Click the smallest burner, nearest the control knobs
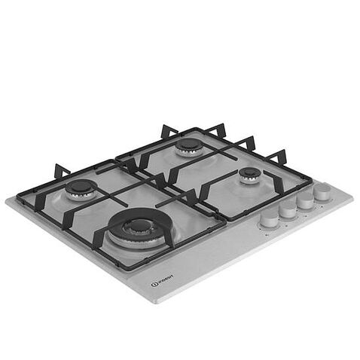pos(249,175)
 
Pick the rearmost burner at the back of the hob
pos(188,145)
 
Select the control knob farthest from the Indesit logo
pos(322,192)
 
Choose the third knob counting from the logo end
pos(304,201)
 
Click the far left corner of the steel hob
pos(8,199)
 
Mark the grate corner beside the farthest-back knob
pos(310,180)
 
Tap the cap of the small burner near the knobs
pos(249,174)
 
